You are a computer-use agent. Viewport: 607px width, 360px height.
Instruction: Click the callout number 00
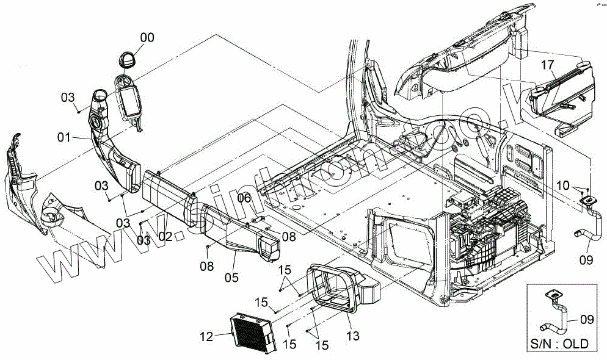point(147,37)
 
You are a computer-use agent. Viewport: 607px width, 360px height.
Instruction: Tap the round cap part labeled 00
point(128,60)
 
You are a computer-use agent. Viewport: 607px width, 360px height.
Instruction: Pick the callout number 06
point(244,198)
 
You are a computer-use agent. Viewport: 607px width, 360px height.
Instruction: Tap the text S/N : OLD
point(561,344)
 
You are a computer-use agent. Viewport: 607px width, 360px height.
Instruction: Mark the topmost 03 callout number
point(67,97)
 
